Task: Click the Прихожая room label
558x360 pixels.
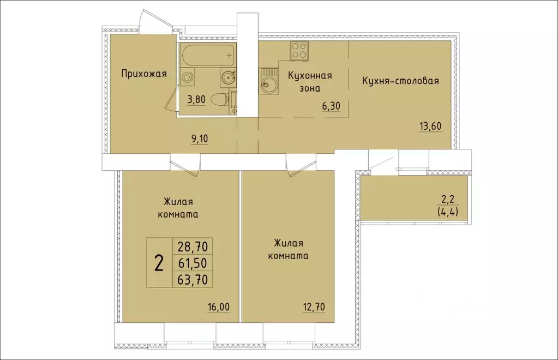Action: (x=143, y=74)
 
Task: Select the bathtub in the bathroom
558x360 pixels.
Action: (x=207, y=55)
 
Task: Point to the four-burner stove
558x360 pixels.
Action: (x=298, y=51)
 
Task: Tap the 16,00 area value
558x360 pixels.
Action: (x=218, y=307)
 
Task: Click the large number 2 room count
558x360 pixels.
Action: (x=159, y=264)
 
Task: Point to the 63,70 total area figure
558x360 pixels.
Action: (x=192, y=280)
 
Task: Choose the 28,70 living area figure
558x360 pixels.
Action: (x=192, y=247)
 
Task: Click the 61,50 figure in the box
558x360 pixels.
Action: (x=192, y=264)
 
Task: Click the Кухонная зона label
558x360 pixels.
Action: (x=310, y=81)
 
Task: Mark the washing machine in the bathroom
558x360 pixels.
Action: (x=188, y=77)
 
